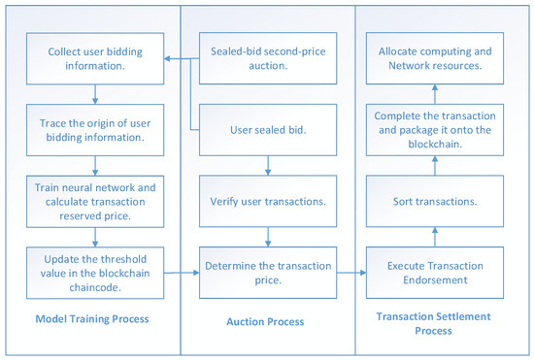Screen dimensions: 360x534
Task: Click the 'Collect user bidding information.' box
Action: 94,59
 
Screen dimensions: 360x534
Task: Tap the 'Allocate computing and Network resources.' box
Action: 435,59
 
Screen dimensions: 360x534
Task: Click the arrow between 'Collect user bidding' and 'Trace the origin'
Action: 94,93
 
